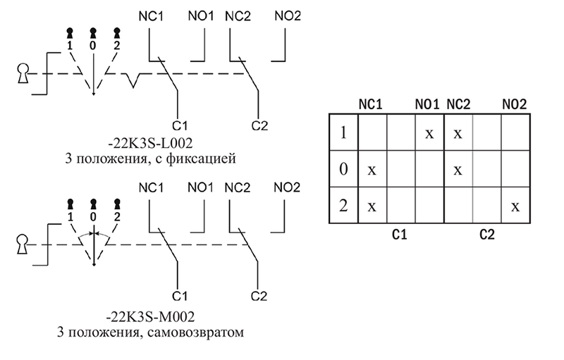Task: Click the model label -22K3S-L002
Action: [x=150, y=143]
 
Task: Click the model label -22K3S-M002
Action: [x=150, y=316]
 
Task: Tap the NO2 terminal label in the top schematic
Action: [x=288, y=15]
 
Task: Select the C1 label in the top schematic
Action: [x=180, y=125]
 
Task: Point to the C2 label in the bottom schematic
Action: [x=259, y=296]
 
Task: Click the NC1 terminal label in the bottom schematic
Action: [x=151, y=187]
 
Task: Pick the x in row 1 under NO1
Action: [x=429, y=134]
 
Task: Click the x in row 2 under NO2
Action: [x=515, y=206]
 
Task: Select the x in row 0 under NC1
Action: [x=372, y=170]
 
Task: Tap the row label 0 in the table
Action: [x=343, y=168]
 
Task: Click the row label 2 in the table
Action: [x=343, y=206]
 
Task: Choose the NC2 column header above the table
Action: [x=458, y=104]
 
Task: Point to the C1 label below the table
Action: [x=399, y=235]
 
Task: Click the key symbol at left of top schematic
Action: [x=23, y=74]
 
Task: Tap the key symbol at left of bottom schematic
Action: [x=23, y=244]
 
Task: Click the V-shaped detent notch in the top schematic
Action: [x=133, y=80]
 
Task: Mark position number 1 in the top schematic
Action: [x=70, y=46]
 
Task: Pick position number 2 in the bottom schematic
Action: [x=117, y=217]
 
